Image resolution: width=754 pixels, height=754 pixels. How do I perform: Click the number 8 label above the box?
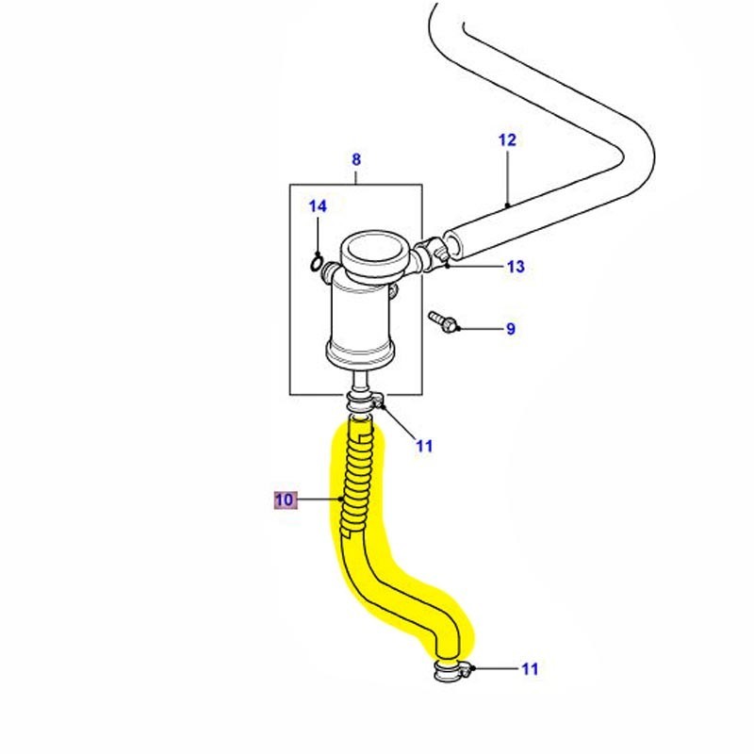tap(355, 159)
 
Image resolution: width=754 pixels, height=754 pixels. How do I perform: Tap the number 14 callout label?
tap(318, 205)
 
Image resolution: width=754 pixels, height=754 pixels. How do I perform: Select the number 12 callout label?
tap(507, 140)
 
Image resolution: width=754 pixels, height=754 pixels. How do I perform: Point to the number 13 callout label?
tap(515, 267)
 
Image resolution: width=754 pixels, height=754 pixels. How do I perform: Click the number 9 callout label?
tap(510, 329)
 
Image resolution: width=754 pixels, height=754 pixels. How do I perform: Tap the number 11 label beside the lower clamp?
tap(530, 669)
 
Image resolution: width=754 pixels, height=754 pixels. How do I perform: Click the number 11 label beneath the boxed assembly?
tap(424, 446)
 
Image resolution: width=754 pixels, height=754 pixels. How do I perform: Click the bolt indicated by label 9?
tap(442, 321)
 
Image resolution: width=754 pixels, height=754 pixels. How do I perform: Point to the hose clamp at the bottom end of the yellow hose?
tap(451, 672)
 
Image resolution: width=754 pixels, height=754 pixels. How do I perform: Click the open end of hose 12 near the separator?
tap(451, 242)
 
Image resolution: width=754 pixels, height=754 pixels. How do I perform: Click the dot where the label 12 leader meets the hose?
tap(507, 205)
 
